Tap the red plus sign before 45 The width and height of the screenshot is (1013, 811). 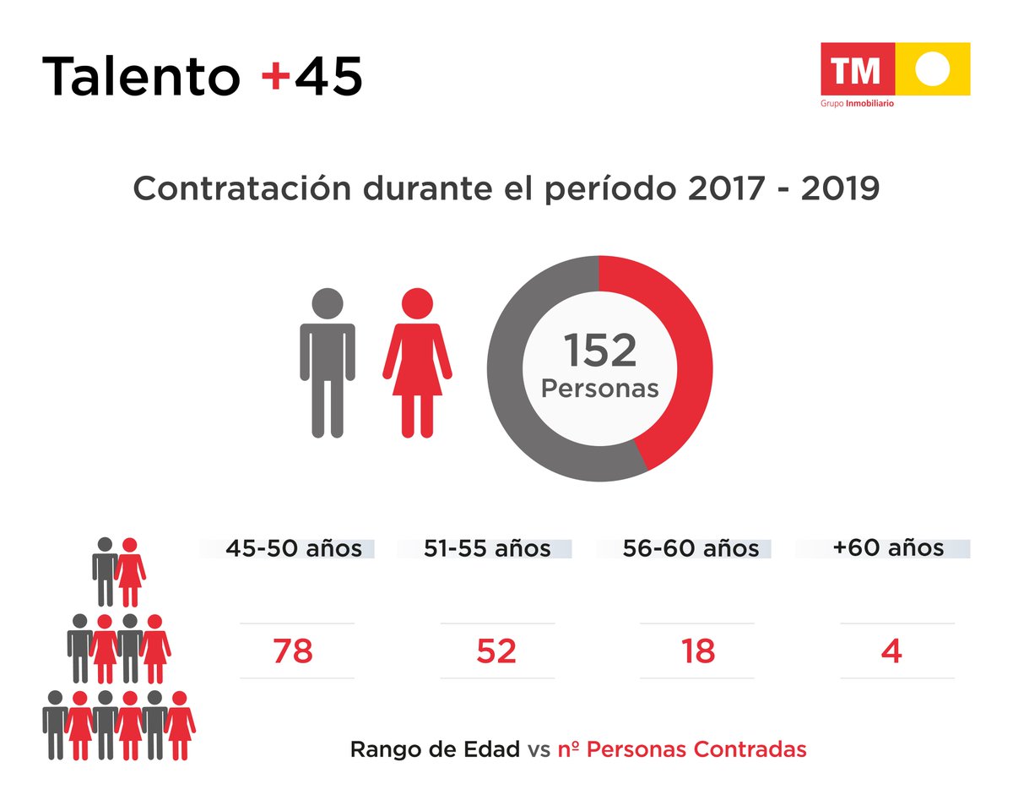275,76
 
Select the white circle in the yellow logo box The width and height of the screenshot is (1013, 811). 933,68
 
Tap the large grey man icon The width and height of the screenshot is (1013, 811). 328,363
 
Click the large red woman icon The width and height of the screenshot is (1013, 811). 417,363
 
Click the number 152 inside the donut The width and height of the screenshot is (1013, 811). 599,351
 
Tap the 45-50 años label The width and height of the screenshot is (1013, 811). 293,548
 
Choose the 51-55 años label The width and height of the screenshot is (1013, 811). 487,548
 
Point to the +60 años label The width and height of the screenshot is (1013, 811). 888,547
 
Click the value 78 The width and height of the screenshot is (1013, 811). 293,651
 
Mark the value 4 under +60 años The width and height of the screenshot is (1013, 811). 892,651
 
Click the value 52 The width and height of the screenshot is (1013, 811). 496,651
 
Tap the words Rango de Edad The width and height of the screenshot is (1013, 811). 435,749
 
